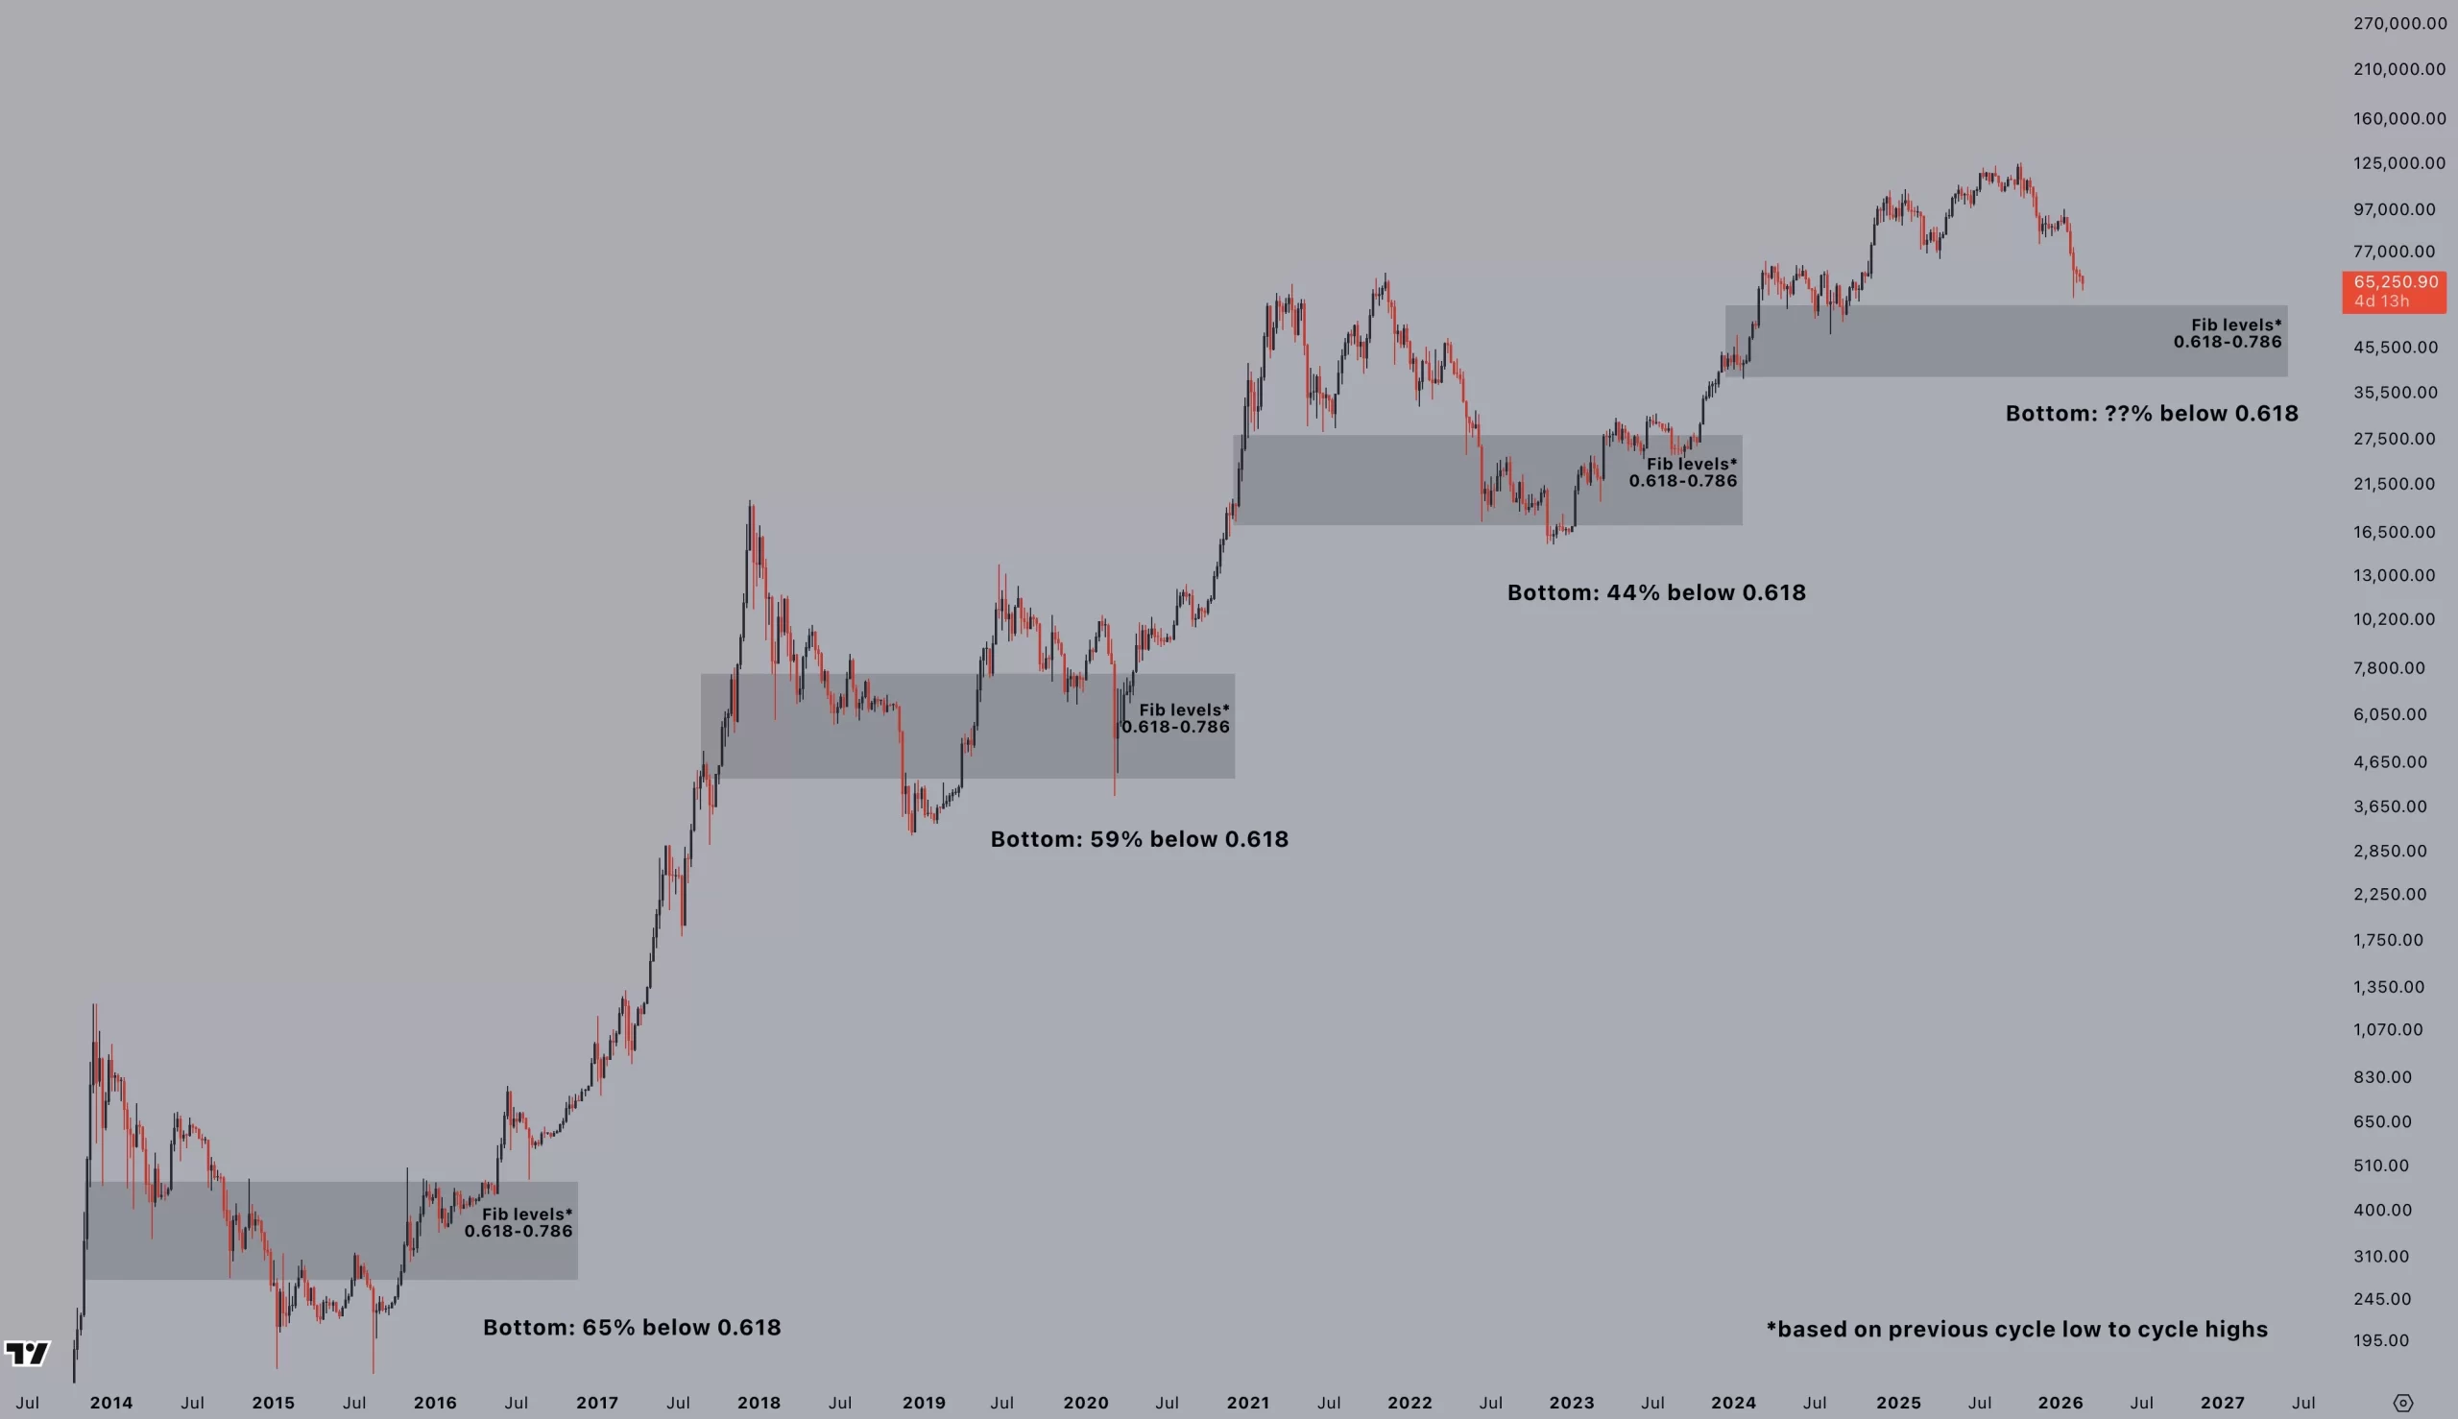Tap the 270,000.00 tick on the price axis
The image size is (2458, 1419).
pos(2399,23)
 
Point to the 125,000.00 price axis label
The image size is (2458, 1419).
pos(2398,163)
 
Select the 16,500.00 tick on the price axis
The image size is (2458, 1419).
pos(2394,532)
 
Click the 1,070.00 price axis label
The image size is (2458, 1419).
pos(2388,1029)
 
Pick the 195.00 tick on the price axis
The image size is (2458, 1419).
pos(2381,1340)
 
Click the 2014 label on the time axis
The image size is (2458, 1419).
pos(111,1403)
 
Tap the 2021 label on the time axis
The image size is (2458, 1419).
pos(1247,1403)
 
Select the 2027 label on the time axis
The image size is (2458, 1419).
pos(2222,1403)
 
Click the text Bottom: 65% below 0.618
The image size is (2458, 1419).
pos(632,1328)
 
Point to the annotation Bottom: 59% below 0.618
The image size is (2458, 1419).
pos(1140,839)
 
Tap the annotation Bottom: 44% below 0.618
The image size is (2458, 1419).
pos(1656,592)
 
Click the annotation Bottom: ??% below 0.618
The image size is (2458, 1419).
pos(2151,413)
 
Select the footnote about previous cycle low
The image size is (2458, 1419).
pos(2016,1330)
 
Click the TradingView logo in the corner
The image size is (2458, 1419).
pos(26,1353)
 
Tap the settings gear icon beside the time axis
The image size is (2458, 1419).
pos(2402,1404)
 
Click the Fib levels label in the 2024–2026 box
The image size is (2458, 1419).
pos(2227,333)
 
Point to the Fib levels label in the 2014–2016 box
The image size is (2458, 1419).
pos(518,1222)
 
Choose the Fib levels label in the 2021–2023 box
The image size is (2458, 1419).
pos(1683,472)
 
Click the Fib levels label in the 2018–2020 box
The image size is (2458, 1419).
pos(1176,718)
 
